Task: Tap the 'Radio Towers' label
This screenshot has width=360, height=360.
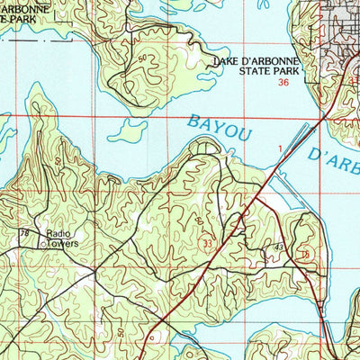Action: point(58,238)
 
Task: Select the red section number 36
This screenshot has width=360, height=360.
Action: point(284,82)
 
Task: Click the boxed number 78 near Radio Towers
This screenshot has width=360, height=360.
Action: point(24,233)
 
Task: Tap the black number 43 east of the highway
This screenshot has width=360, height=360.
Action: point(280,247)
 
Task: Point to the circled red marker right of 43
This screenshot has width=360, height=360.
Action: point(305,255)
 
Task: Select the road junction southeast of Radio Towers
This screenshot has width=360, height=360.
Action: point(93,270)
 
